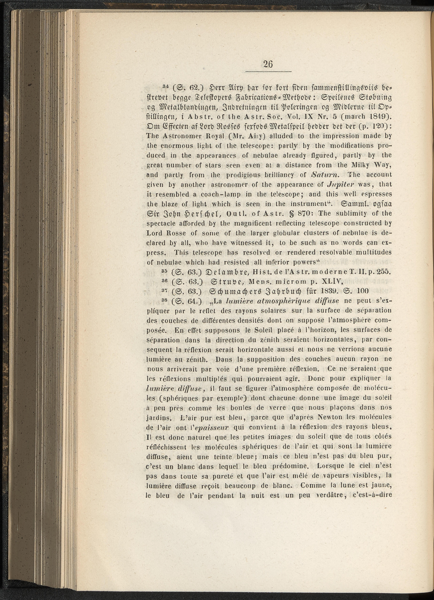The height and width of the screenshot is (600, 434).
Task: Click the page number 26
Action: click(268, 64)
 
